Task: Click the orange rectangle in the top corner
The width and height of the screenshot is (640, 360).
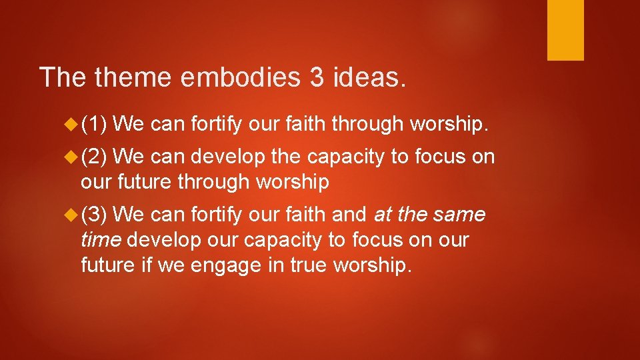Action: (x=565, y=30)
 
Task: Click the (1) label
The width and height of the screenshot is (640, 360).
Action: (x=95, y=123)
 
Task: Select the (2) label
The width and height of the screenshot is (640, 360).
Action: (x=95, y=157)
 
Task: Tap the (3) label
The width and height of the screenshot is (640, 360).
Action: (x=95, y=215)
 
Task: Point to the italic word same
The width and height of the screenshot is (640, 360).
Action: (x=459, y=215)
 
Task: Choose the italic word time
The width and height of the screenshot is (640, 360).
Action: (x=101, y=240)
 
